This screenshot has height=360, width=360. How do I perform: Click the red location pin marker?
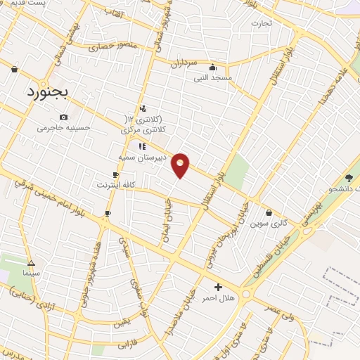(181, 165)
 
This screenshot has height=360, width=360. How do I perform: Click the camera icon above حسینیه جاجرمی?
(64, 117)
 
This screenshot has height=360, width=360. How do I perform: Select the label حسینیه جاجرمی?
(64, 128)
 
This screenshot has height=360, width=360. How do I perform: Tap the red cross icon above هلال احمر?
(218, 287)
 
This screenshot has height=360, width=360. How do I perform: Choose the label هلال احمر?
(218, 298)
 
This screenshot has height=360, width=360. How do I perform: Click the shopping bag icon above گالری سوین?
(269, 212)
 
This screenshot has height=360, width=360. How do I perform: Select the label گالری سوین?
(270, 224)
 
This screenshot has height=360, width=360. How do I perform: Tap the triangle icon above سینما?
(30, 262)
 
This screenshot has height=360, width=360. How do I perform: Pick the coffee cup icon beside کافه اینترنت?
(115, 174)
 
